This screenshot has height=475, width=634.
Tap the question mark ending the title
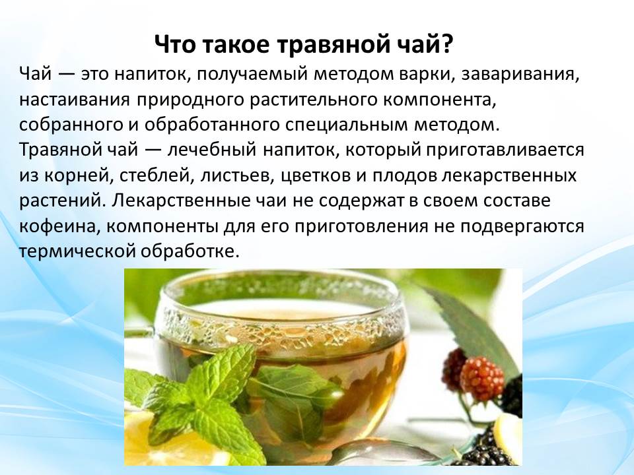tap(446, 44)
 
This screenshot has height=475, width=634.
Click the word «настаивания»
tap(75, 100)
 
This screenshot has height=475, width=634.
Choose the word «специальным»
tap(347, 125)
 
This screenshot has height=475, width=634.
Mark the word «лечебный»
tap(212, 150)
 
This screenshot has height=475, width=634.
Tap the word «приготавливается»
tap(503, 150)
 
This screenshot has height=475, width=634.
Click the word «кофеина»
tap(59, 226)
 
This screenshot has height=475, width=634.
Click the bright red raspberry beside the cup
tap(482, 378)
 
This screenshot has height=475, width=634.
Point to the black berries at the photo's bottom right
tap(491, 449)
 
